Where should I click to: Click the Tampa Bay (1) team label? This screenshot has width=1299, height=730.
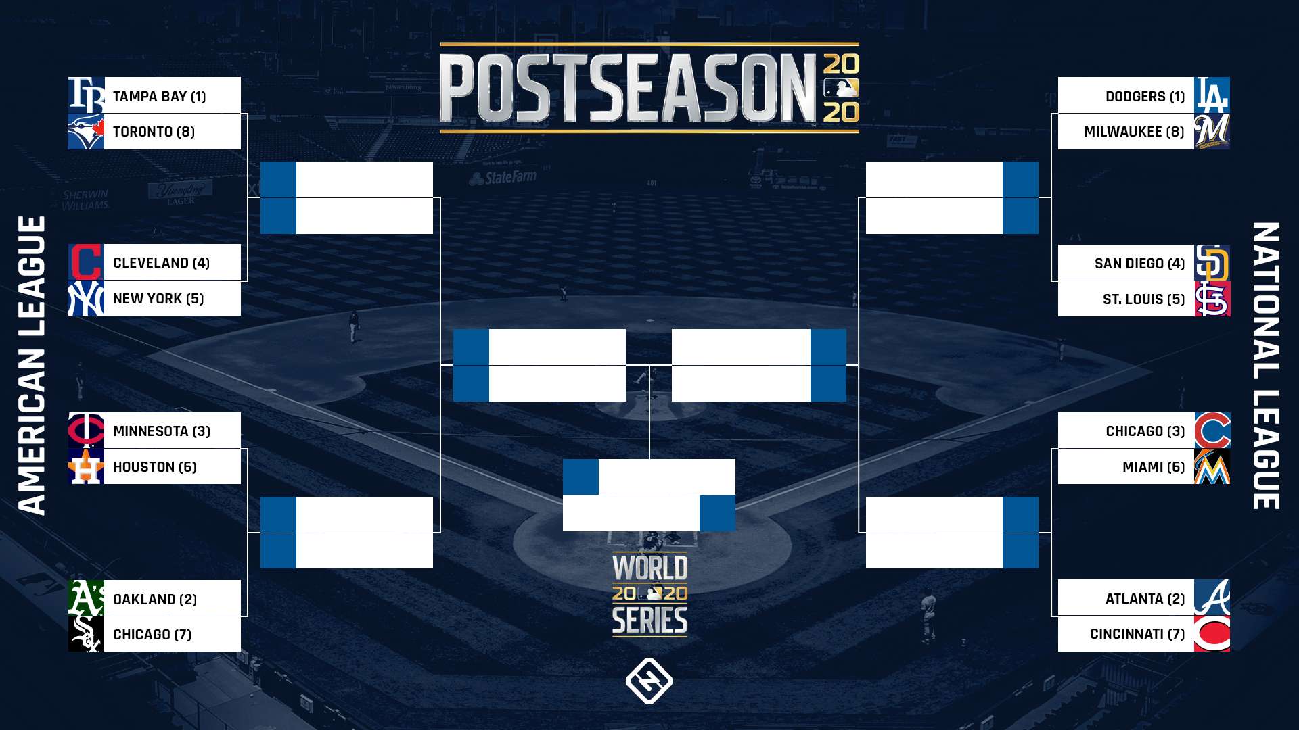pyautogui.click(x=160, y=97)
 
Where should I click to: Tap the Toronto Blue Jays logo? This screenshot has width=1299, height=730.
pyautogui.click(x=86, y=131)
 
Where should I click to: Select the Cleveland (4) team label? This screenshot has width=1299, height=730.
pyautogui.click(x=162, y=263)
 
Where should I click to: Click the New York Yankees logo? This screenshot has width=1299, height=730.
pyautogui.click(x=86, y=298)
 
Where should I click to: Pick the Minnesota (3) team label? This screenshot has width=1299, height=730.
pyautogui.click(x=162, y=431)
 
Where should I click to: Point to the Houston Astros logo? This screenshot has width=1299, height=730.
pyautogui.click(x=86, y=466)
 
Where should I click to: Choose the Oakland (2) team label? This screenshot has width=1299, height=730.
pyautogui.click(x=155, y=600)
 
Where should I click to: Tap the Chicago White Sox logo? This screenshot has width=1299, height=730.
pyautogui.click(x=86, y=634)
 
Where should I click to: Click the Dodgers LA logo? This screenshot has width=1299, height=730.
pyautogui.click(x=1212, y=95)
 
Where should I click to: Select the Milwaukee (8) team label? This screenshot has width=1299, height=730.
pyautogui.click(x=1134, y=132)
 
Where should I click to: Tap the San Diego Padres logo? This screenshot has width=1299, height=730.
pyautogui.click(x=1212, y=263)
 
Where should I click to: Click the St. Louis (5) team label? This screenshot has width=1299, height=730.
pyautogui.click(x=1144, y=299)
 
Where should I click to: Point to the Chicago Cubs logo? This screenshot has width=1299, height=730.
pyautogui.click(x=1212, y=431)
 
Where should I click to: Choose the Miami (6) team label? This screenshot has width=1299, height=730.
pyautogui.click(x=1154, y=467)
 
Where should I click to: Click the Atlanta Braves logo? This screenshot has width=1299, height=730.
pyautogui.click(x=1212, y=598)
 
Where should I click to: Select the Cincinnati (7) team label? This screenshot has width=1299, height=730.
pyautogui.click(x=1137, y=634)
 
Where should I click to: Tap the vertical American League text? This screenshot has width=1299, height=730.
pyautogui.click(x=32, y=366)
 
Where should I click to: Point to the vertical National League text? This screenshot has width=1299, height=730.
pyautogui.click(x=1266, y=366)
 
